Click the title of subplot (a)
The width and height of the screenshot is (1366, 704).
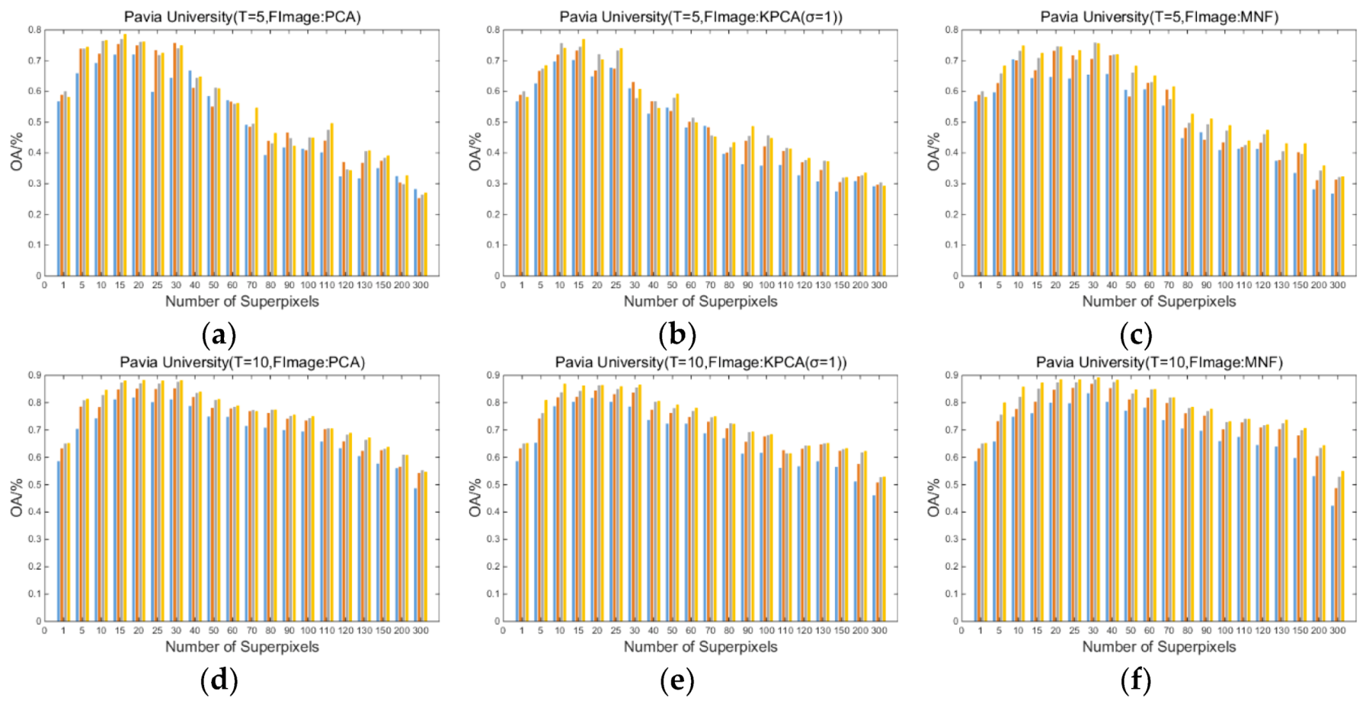242,17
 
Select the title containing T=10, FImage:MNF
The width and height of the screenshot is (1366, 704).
1159,363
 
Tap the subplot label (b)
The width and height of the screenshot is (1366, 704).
677,334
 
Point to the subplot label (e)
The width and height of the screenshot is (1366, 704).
677,680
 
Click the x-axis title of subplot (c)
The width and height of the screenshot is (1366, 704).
1159,302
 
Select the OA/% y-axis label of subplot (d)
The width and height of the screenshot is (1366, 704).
17,498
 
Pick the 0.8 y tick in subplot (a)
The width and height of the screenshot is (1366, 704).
35,30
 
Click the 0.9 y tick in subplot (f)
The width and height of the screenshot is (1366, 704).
952,376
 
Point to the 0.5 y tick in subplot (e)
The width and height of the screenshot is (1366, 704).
494,485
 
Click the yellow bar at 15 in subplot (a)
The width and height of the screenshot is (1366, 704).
125,155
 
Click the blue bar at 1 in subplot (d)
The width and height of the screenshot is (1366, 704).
59,541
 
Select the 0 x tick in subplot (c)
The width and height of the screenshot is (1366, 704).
961,285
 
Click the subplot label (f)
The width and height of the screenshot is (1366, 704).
1136,680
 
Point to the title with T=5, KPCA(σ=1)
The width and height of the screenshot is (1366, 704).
701,17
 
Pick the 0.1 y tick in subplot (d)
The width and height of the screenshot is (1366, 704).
35,594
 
